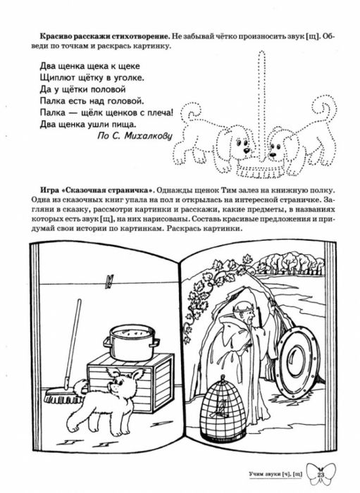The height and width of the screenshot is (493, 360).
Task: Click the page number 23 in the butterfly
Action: [321, 475]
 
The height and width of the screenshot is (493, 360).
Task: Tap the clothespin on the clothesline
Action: [109, 282]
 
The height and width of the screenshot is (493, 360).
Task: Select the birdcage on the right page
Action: [223, 409]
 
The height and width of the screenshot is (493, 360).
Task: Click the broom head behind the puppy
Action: [61, 397]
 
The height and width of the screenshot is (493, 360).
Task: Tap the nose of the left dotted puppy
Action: [248, 150]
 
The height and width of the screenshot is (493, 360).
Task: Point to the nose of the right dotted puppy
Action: [273, 154]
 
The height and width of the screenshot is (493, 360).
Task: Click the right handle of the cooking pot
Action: [156, 341]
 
